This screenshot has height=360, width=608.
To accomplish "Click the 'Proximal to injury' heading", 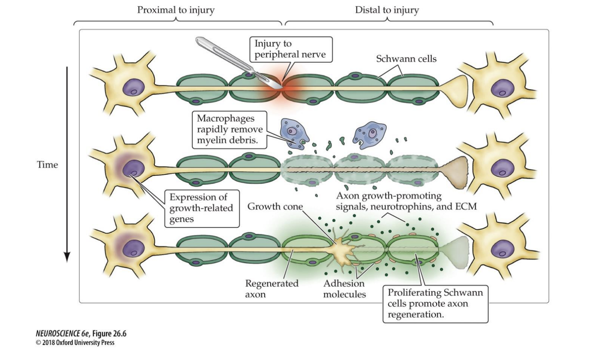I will click(176, 10).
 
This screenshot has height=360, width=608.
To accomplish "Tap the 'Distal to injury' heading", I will click(387, 10).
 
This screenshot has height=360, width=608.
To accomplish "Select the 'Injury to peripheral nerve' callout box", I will click(290, 49).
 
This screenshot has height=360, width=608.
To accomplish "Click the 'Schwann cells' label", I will click(406, 59).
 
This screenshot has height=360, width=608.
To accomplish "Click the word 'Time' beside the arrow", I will click(47, 165).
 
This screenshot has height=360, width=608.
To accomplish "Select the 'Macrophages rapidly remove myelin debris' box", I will click(229, 129).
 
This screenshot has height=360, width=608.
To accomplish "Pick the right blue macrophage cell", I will click(370, 133).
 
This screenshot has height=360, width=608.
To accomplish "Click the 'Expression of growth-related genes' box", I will click(202, 208).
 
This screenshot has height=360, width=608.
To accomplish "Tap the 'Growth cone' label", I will click(275, 207).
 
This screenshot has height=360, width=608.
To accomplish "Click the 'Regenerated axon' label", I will click(272, 289).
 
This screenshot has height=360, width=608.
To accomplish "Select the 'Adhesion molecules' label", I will click(344, 289).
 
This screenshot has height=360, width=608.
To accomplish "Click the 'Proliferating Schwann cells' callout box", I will click(435, 304).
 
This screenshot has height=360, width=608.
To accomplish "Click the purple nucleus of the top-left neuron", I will click(133, 88).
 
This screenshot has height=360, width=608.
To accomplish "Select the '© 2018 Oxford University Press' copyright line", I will click(75, 343).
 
